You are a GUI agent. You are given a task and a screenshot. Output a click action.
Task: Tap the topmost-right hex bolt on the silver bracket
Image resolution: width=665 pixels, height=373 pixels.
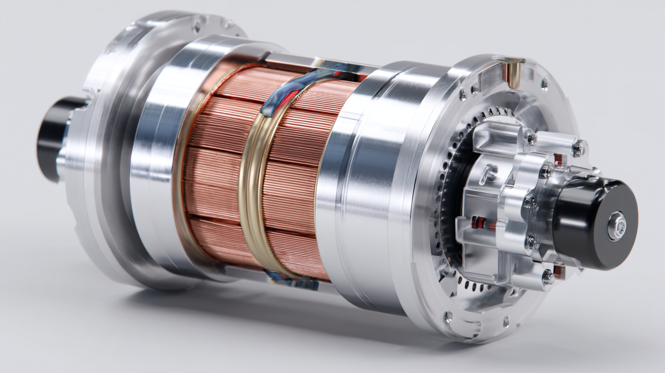pyautogui.click(x=577, y=148)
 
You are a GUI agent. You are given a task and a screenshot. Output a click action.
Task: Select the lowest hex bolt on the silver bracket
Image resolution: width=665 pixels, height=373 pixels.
pyautogui.click(x=547, y=276)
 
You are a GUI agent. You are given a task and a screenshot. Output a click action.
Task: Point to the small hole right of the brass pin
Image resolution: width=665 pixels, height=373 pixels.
pyautogui.click(x=544, y=84)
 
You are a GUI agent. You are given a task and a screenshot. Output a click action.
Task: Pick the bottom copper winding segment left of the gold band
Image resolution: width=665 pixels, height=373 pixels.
pyautogui.click(x=219, y=242)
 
